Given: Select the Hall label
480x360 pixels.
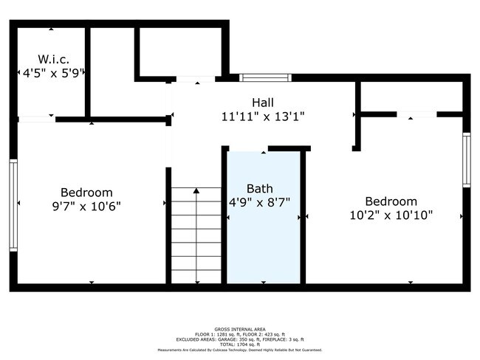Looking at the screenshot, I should click(x=263, y=102).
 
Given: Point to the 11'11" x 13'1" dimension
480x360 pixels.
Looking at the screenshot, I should click(x=263, y=117).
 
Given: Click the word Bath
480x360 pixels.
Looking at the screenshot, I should click(x=260, y=188).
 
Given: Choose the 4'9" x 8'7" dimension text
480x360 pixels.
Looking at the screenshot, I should click(x=264, y=201).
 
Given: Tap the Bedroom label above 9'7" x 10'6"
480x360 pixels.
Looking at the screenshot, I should click(x=86, y=192).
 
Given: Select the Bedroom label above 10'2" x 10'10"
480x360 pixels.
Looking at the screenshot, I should click(x=391, y=201).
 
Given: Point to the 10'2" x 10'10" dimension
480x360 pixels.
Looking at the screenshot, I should click(x=391, y=215).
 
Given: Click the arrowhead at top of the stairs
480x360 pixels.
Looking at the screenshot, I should click(x=196, y=190).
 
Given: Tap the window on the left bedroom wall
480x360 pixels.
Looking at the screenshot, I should click(x=13, y=205).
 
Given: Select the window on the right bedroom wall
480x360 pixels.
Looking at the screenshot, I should click(x=466, y=159).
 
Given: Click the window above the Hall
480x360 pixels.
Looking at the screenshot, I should click(x=265, y=77).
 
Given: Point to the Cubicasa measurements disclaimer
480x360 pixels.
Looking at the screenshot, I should click(x=240, y=350).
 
